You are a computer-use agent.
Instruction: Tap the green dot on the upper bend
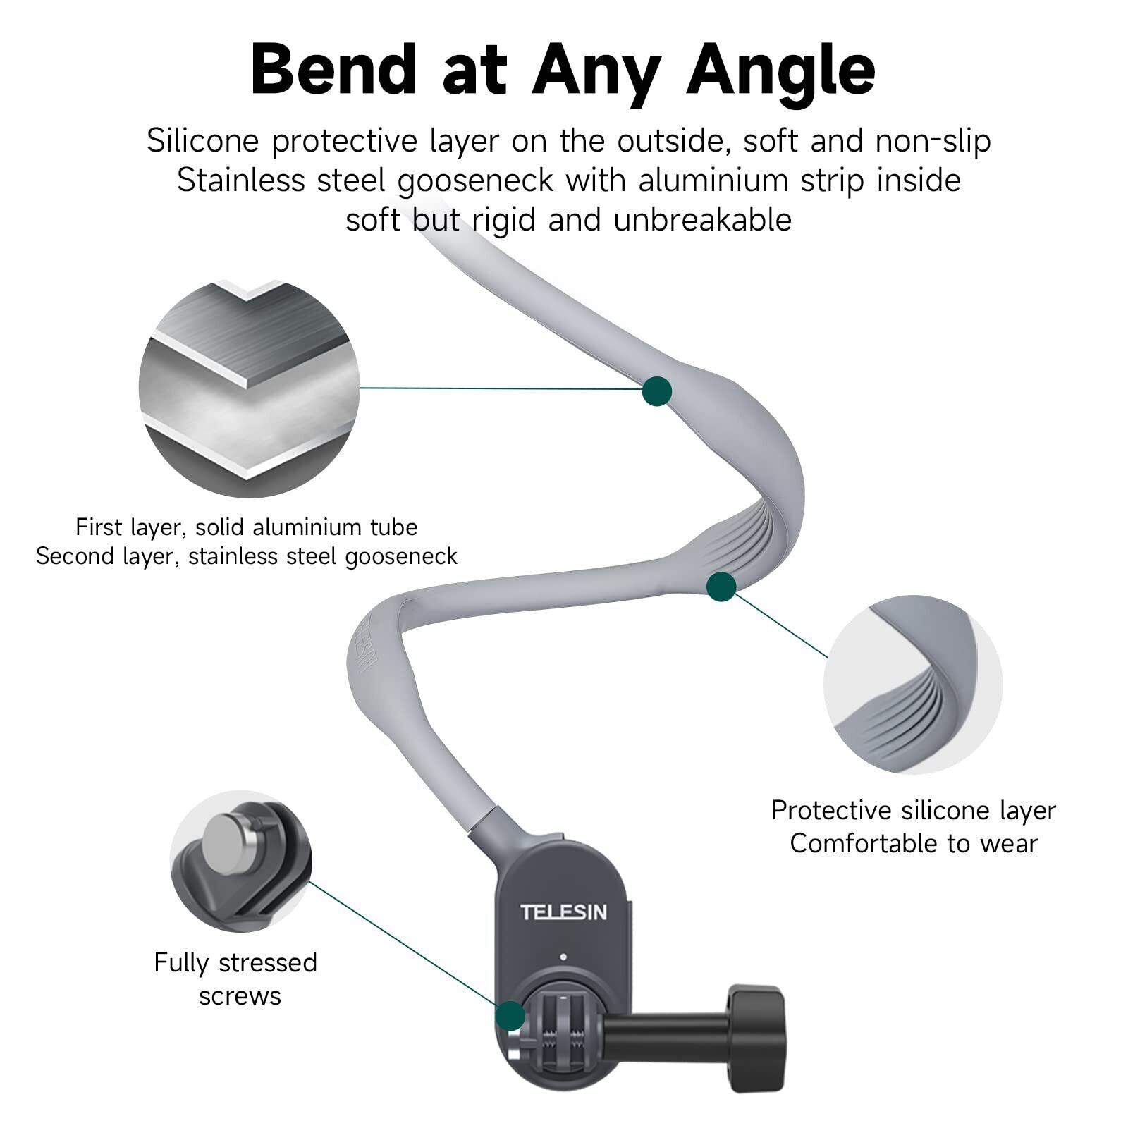click(657, 391)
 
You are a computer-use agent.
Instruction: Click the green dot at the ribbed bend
click(721, 587)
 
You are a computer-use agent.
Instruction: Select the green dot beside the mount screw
click(510, 1016)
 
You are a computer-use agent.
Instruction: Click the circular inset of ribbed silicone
click(912, 685)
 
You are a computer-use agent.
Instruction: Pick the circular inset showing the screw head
click(240, 860)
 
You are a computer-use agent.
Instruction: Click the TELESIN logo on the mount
click(563, 912)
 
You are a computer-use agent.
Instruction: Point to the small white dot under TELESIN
click(563, 957)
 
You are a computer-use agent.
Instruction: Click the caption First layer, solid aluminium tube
click(247, 527)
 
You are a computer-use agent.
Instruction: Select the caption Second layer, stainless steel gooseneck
click(247, 556)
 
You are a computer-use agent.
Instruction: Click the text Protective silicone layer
click(914, 811)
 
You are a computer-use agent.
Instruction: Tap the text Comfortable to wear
click(914, 843)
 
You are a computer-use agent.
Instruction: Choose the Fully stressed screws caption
click(236, 979)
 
